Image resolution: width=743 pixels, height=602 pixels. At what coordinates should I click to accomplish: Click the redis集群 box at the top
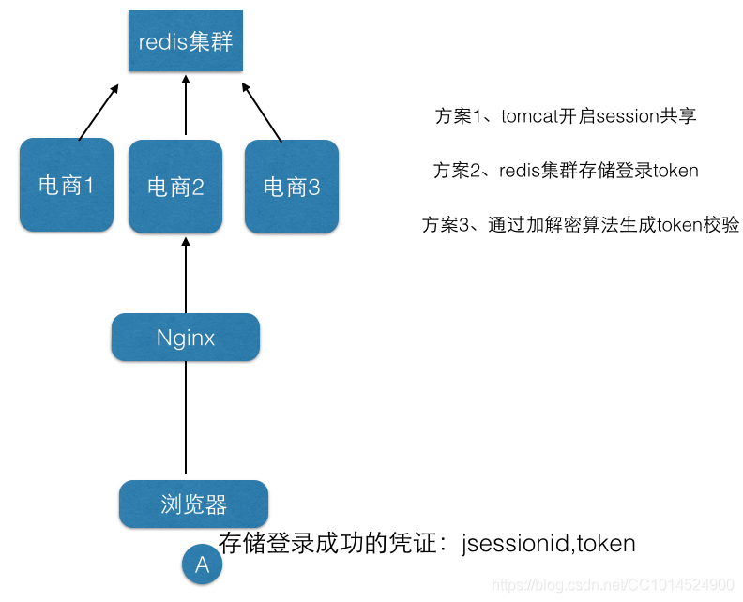tap(186, 42)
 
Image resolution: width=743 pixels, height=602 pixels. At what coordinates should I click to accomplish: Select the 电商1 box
tap(67, 186)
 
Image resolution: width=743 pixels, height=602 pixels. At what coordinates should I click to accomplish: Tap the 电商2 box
tap(175, 187)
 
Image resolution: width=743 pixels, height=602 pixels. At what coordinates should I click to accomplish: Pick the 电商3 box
tap(292, 187)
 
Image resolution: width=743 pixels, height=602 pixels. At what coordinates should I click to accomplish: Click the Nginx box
tap(186, 338)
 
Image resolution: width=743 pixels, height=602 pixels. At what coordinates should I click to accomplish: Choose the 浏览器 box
tap(193, 504)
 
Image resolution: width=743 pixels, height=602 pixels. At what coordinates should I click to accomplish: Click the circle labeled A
tap(202, 564)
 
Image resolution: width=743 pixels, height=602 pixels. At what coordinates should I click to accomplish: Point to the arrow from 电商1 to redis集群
tap(99, 112)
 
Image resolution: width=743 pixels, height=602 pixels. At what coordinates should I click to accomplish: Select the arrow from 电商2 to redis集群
tap(186, 108)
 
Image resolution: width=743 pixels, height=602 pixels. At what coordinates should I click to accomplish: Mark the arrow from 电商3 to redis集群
tap(263, 112)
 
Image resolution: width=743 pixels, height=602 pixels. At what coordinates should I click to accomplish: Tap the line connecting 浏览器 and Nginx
tap(186, 417)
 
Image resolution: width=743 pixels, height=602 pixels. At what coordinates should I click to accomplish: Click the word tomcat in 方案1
tap(530, 116)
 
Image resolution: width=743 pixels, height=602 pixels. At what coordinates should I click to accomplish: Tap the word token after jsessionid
tap(607, 543)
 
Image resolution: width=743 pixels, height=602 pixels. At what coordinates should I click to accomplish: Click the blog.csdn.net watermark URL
tap(614, 585)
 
